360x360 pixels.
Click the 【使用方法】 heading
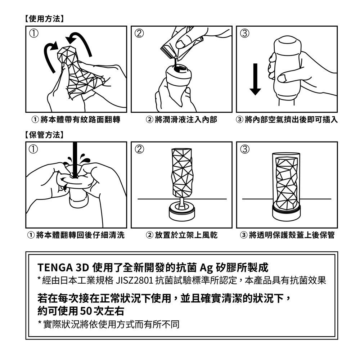(x=44, y=19)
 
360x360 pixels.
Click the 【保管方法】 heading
(x=44, y=135)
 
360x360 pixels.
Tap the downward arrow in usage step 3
(x=255, y=79)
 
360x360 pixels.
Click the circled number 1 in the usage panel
(x=33, y=33)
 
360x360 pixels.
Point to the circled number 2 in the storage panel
(x=139, y=149)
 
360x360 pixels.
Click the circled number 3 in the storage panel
(x=245, y=149)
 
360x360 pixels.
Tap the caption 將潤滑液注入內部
(x=186, y=120)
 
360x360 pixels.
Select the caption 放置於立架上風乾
(x=186, y=235)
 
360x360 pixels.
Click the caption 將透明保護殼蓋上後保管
(x=292, y=235)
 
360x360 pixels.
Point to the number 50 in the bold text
(x=86, y=311)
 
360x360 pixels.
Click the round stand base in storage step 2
(x=181, y=212)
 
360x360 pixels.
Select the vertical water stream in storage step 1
(x=75, y=160)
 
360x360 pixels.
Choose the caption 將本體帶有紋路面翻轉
(x=80, y=120)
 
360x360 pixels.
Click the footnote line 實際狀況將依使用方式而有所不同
(x=111, y=324)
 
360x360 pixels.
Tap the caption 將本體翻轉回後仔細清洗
(x=80, y=235)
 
